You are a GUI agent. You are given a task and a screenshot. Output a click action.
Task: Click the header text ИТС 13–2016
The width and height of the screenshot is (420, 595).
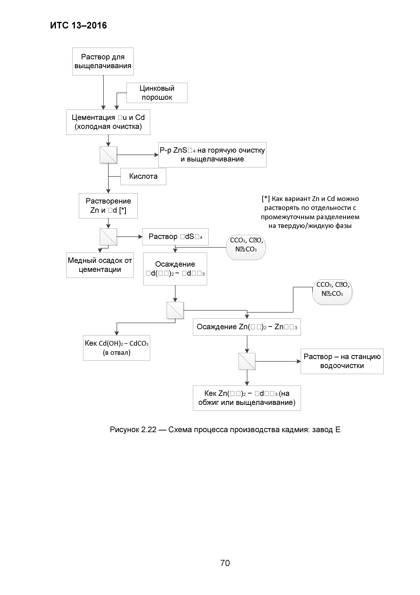[x=78, y=25]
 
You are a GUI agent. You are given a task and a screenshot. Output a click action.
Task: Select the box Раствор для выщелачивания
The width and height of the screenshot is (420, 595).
[x=103, y=61]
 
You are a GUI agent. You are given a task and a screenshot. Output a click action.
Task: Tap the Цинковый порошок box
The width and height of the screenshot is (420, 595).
[x=157, y=93]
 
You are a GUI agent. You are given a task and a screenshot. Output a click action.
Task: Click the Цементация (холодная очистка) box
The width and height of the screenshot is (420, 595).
[x=108, y=122]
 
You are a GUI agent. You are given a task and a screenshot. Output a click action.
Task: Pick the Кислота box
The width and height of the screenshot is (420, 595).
[x=143, y=176]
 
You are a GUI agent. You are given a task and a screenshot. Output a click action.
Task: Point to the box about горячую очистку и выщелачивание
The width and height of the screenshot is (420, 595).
[x=212, y=155]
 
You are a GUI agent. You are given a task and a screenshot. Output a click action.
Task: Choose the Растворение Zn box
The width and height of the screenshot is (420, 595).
[x=108, y=206]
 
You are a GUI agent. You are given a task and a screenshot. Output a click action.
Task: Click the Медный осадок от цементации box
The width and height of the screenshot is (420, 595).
[x=100, y=265]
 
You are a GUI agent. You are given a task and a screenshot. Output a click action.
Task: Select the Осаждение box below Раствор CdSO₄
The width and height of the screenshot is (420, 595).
[x=175, y=269]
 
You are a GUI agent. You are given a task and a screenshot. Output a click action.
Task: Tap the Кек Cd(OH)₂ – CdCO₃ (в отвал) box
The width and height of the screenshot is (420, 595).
[x=116, y=348]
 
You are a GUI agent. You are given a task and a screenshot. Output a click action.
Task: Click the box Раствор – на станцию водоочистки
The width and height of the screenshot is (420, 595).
[x=342, y=361]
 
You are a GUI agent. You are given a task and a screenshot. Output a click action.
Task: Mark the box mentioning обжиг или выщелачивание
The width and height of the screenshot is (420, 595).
[x=247, y=398]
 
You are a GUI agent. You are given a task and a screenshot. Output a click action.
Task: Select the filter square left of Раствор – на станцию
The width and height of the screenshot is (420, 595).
[x=247, y=361]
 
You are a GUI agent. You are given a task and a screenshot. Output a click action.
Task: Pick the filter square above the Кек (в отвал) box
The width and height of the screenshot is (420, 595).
[x=175, y=310]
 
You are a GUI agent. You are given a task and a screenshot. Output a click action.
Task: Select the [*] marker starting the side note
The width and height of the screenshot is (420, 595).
[x=266, y=199]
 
